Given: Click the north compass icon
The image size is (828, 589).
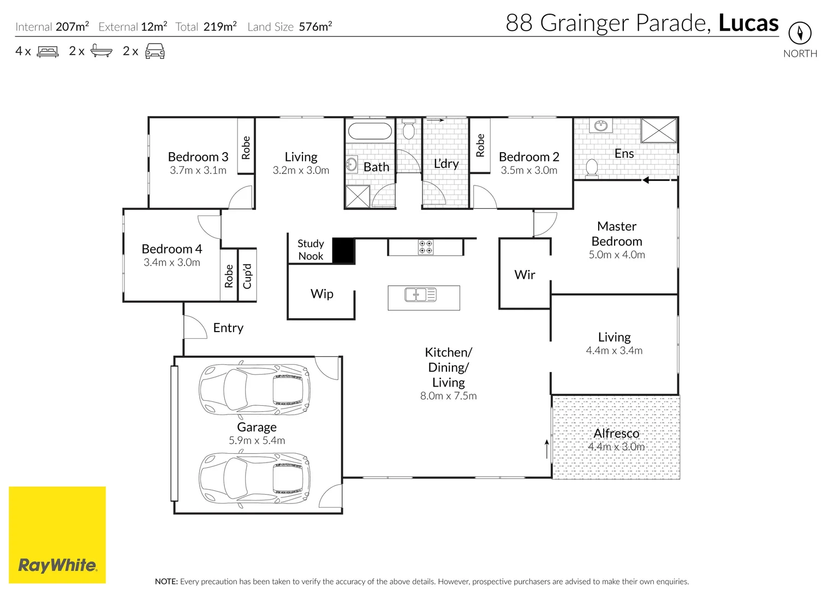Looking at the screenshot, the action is click(x=800, y=33).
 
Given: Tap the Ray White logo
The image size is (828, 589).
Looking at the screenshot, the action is click(x=57, y=534).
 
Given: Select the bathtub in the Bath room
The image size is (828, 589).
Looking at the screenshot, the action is click(x=370, y=131).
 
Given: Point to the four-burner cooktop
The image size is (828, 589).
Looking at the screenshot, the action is click(x=425, y=247).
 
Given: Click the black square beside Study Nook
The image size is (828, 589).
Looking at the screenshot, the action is click(x=343, y=250).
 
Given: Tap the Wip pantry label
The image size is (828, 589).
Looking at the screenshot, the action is click(x=321, y=294).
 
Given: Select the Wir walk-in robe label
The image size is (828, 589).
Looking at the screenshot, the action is click(x=525, y=274).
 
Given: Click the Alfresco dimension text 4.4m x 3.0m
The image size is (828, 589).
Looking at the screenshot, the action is click(x=616, y=447).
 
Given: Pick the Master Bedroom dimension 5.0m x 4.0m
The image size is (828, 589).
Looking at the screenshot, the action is click(x=617, y=255).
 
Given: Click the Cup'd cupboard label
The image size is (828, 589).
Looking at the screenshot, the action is click(x=247, y=276).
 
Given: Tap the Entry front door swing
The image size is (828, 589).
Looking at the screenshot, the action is click(x=195, y=327).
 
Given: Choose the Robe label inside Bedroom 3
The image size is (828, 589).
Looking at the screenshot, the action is click(x=246, y=148).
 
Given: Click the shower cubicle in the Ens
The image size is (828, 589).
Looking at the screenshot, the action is click(x=659, y=130).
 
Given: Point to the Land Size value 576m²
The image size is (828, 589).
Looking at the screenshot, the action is click(x=315, y=26).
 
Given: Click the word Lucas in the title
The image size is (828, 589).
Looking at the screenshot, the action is click(x=748, y=23).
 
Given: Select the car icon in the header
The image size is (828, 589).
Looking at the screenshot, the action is click(x=155, y=51).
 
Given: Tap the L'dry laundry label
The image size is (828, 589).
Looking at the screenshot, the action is click(x=446, y=164).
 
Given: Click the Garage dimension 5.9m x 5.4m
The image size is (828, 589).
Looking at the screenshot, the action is click(x=257, y=440).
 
